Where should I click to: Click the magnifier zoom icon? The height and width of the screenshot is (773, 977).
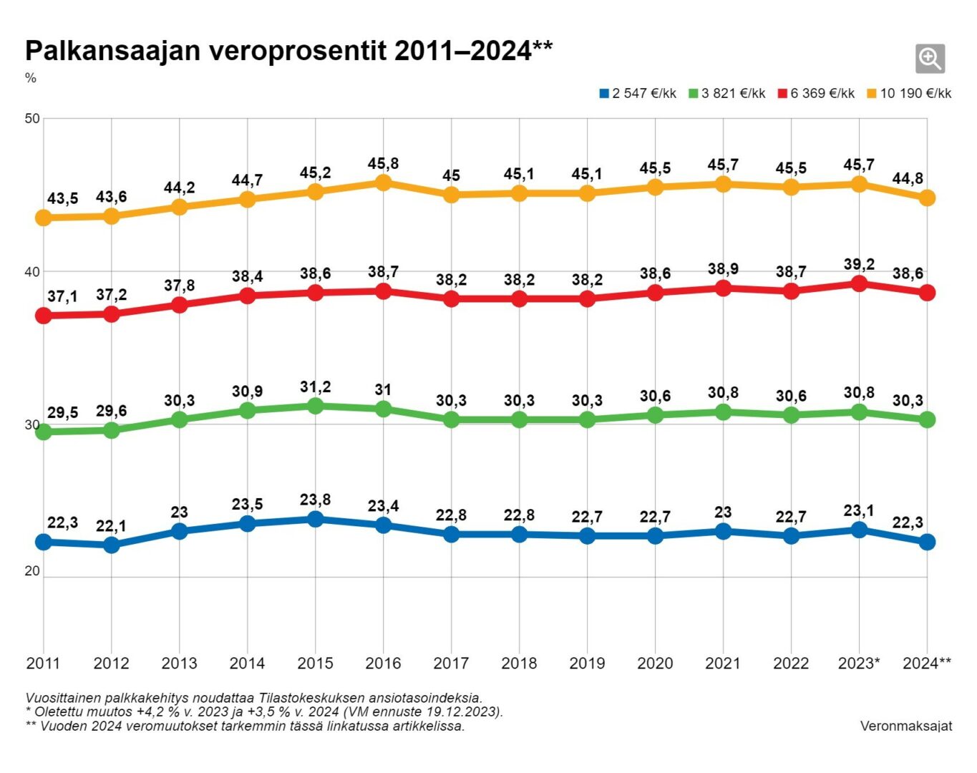point(930,59)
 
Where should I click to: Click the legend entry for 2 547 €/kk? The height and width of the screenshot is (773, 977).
point(638,94)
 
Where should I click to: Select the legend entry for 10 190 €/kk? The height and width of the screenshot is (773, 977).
point(909,94)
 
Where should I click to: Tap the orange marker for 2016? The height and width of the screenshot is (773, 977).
point(383,183)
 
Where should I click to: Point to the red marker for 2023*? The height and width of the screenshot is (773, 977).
point(859,284)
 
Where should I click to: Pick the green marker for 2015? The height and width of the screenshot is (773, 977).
point(315,406)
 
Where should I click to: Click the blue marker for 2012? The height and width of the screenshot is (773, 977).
point(112,545)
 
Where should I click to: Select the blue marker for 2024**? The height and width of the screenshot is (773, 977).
point(927,542)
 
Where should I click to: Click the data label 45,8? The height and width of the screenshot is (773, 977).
point(383,164)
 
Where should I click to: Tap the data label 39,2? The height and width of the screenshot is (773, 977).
point(859,265)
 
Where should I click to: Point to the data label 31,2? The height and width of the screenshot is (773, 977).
point(315,387)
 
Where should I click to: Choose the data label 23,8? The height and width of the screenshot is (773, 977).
point(315,500)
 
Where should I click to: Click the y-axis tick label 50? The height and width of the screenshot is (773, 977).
point(32,119)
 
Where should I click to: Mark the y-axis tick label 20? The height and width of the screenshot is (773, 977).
point(32,571)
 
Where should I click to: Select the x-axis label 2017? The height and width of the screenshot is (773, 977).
point(451,663)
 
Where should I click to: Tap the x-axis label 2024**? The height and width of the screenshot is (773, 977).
point(927,663)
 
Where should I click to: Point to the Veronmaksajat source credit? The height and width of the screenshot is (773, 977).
point(906,726)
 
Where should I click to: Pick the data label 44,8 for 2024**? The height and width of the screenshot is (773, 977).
point(908,179)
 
